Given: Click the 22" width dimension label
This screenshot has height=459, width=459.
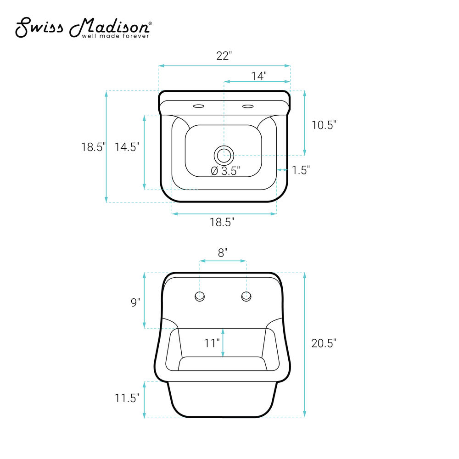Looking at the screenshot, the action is (224, 56).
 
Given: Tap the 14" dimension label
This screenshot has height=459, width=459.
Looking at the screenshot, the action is (259, 76).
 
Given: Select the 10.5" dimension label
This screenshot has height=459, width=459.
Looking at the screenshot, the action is (324, 125).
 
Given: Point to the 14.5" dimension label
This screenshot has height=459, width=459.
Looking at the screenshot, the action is (127, 147).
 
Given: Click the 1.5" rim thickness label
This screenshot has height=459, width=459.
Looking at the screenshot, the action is (301, 170).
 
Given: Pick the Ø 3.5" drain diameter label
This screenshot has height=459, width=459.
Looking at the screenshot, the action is (225, 171).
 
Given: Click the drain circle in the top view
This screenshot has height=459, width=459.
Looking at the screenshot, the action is (224, 155).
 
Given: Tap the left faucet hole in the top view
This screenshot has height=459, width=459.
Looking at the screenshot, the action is (198, 106).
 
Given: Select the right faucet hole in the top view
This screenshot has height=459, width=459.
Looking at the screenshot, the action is (248, 106).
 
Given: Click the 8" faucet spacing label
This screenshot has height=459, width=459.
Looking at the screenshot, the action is (223, 252).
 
